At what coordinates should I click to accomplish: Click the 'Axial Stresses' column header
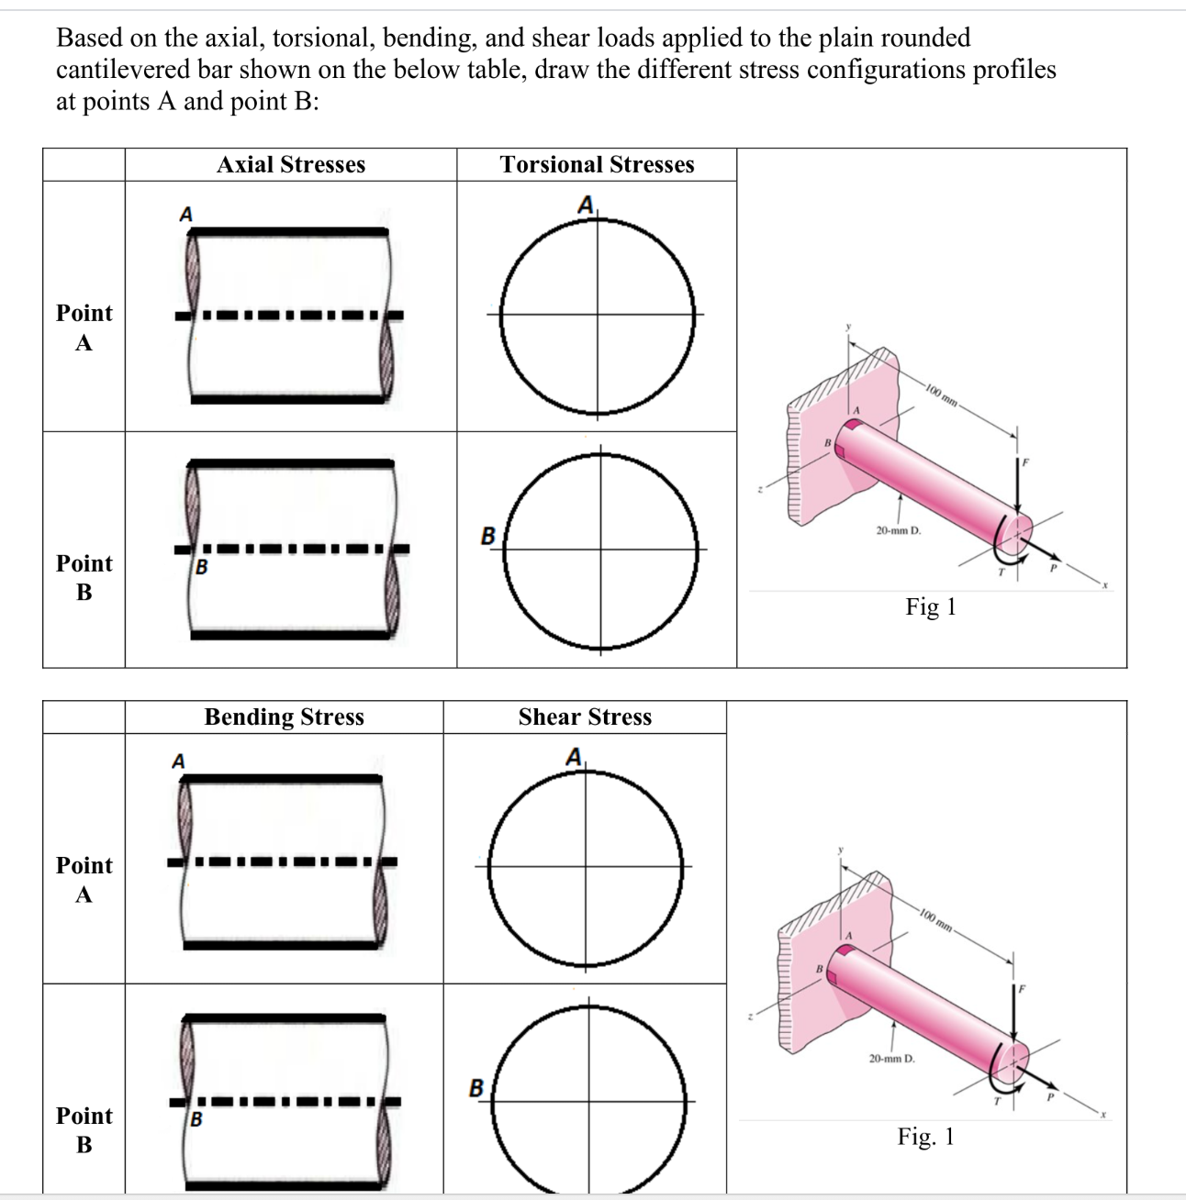click(291, 165)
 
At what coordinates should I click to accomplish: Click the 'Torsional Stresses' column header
click(597, 165)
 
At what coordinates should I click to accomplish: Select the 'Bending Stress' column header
click(284, 717)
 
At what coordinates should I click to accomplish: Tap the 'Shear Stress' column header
click(585, 717)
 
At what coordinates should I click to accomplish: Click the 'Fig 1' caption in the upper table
click(931, 607)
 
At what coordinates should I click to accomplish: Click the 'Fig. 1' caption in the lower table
click(925, 1137)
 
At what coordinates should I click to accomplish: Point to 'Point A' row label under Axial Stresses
click(84, 328)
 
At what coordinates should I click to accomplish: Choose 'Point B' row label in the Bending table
click(84, 1130)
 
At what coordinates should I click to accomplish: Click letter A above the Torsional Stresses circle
click(585, 206)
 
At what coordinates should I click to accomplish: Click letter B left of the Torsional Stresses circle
click(488, 535)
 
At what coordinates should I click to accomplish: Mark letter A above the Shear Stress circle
click(574, 758)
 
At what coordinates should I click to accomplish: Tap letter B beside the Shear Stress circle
click(476, 1088)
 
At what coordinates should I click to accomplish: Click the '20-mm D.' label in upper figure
click(898, 530)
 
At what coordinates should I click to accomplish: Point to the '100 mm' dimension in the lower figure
click(937, 920)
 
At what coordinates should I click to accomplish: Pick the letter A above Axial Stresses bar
click(185, 215)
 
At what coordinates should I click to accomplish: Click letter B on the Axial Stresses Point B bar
click(202, 567)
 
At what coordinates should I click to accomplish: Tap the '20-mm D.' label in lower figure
click(891, 1059)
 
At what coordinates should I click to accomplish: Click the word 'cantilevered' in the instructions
click(124, 70)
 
